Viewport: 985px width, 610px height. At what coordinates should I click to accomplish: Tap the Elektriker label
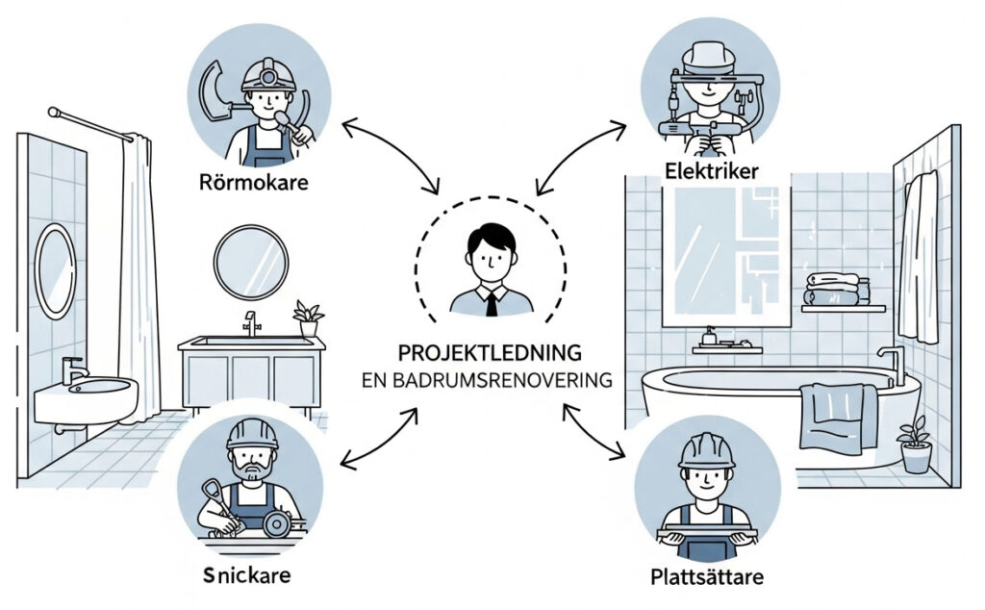[x=711, y=172]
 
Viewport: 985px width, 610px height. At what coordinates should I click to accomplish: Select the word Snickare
[x=247, y=576]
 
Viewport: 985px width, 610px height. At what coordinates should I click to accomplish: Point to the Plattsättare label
[x=706, y=578]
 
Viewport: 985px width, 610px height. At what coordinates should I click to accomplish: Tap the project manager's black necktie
[x=491, y=303]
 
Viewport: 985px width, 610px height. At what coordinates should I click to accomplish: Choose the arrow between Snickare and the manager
[x=379, y=439]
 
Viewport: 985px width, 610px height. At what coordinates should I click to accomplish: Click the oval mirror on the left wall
[x=55, y=270]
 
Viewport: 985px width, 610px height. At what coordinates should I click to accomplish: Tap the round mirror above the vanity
[x=250, y=262]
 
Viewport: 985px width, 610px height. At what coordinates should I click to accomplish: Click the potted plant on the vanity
[x=308, y=318]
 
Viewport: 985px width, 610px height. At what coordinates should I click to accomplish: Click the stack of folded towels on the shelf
[x=832, y=290]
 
